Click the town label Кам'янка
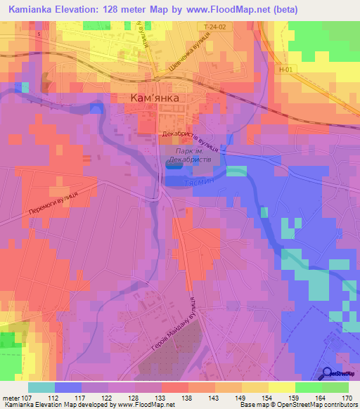pyautogui.click(x=157, y=98)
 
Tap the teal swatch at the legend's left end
pyautogui.click(x=41, y=387)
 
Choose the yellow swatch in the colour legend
pyautogui.click(x=282, y=387)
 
